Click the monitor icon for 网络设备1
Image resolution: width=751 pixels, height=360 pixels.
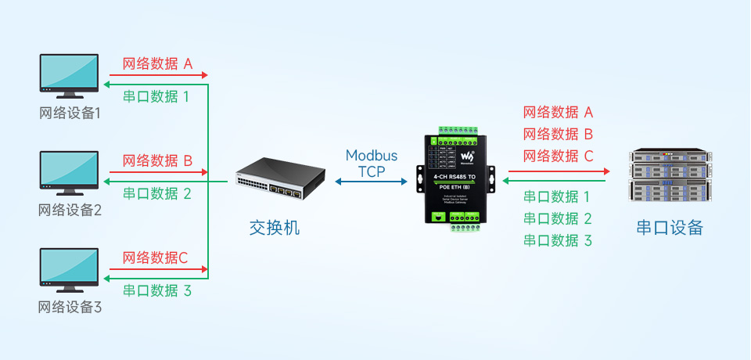tap(70, 75)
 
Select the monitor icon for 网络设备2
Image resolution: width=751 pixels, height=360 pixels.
tap(70, 172)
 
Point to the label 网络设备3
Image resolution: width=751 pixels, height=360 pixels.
tap(70, 307)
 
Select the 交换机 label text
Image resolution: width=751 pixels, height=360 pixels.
tap(274, 228)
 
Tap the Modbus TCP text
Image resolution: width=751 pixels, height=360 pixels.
tap(372, 163)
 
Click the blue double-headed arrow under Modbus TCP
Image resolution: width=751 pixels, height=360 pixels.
tap(372, 182)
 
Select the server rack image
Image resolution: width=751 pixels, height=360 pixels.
tap(670, 175)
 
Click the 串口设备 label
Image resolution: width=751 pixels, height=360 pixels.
tap(670, 228)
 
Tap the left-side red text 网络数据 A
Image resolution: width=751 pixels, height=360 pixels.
tap(157, 64)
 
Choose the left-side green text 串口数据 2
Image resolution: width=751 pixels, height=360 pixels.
tap(157, 193)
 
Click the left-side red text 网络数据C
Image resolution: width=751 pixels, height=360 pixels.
tap(155, 257)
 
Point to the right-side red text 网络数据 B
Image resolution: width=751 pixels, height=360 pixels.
tap(558, 134)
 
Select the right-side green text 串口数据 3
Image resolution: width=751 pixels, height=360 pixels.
tap(557, 240)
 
